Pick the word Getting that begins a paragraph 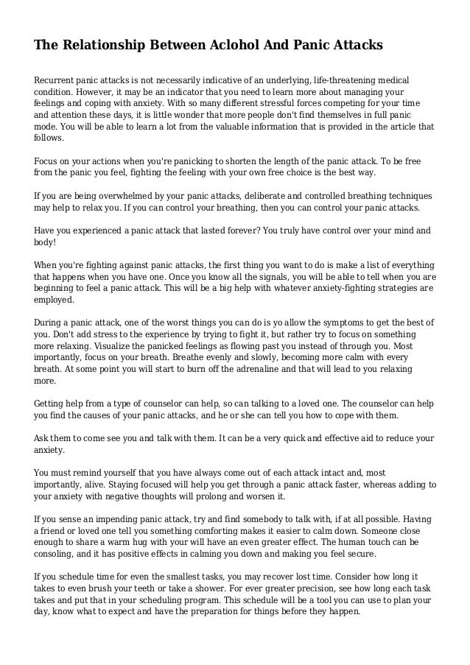click(x=51, y=404)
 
